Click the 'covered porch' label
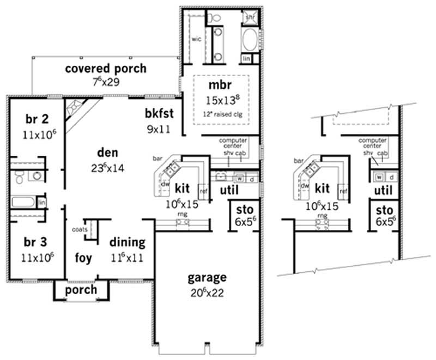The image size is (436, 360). (105, 69)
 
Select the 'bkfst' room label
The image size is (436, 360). (159, 114)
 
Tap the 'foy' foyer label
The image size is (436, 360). (83, 257)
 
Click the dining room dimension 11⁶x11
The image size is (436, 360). (127, 257)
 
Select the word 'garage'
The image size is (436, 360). (207, 278)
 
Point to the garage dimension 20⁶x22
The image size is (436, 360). (208, 292)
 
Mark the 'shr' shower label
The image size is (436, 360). (250, 18)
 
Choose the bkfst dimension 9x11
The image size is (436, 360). (159, 130)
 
